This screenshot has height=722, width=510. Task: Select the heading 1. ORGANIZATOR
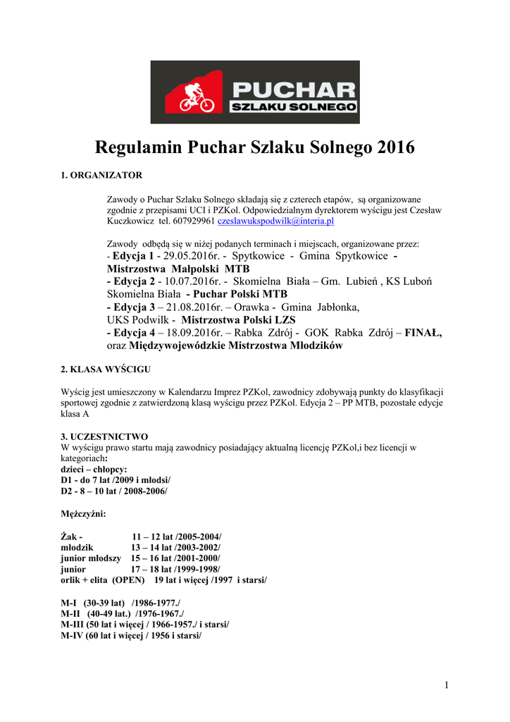[x=101, y=175]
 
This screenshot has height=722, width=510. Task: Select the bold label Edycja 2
[x=134, y=281]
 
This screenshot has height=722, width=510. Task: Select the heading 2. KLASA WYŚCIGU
[x=105, y=369]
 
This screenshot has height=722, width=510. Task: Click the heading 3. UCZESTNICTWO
[x=104, y=436]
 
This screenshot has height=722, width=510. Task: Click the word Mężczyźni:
[x=84, y=514]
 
